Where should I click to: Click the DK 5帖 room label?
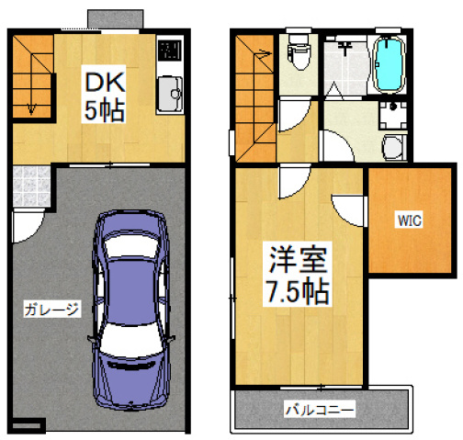coord(104,94)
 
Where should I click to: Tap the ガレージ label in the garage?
coord(51,309)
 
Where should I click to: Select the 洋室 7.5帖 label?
coord(297,274)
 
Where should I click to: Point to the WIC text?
coord(410,220)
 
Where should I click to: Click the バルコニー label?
coord(320,409)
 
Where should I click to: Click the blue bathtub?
coord(389,64)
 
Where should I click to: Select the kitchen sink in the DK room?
coord(170,94)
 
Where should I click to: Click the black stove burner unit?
coord(170,50)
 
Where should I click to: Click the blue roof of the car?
coord(131,291)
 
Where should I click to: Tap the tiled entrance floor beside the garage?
coord(31,186)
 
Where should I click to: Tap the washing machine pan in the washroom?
coord(393,115)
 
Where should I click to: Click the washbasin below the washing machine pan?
coord(394,148)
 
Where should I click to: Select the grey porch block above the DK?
coord(116,19)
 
